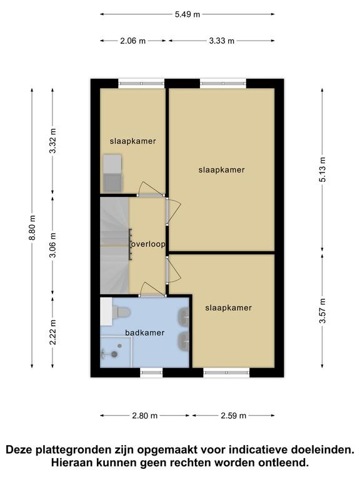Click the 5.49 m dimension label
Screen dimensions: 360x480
click(187, 14)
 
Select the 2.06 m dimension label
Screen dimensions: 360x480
click(132, 41)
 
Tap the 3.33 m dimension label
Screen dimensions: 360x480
click(222, 41)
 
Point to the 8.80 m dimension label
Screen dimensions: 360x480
click(32, 227)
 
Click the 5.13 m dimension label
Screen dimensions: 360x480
click(322, 169)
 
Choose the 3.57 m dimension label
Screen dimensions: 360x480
click(322, 311)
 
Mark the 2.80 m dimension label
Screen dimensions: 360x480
click(145, 416)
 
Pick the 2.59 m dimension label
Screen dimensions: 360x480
click(234, 416)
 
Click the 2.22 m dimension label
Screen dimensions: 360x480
click(52, 332)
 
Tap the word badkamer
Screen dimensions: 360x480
click(145, 332)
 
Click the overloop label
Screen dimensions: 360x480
click(148, 244)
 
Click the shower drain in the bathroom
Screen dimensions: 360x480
click(114, 354)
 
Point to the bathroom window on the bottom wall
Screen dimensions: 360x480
click(151, 372)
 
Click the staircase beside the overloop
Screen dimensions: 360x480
click(114, 246)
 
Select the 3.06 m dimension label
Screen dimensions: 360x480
click(52, 245)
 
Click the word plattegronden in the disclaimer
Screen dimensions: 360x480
click(74, 450)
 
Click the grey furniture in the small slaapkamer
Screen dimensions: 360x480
click(112, 173)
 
